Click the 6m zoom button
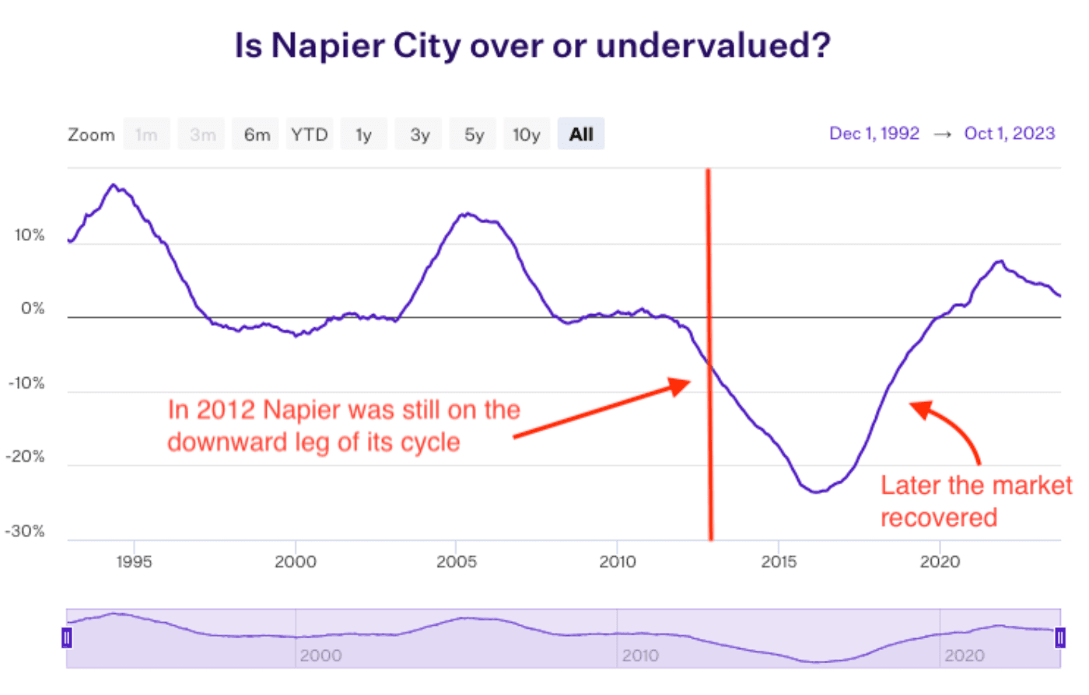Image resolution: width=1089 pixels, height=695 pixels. pyautogui.click(x=257, y=134)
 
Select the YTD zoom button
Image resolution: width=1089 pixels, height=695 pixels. pyautogui.click(x=310, y=134)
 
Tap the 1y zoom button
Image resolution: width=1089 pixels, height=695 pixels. pyautogui.click(x=363, y=134)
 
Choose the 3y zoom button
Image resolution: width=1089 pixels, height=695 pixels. pyautogui.click(x=419, y=134)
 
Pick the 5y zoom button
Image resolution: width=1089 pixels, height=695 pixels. pyautogui.click(x=474, y=134)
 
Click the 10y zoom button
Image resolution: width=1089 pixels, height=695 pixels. pyautogui.click(x=527, y=134)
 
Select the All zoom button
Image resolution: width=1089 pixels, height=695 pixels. pyautogui.click(x=581, y=134)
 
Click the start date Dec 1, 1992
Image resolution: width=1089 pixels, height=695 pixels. pyautogui.click(x=874, y=134)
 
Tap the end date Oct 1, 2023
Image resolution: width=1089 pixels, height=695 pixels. pyautogui.click(x=1010, y=134)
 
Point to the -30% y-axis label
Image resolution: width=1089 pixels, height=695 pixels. pyautogui.click(x=25, y=532)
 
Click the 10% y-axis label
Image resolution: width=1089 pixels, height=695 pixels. pyautogui.click(x=30, y=236)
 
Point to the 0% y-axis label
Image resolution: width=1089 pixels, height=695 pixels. pyautogui.click(x=33, y=309)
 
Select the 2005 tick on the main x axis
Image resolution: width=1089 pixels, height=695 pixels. pyautogui.click(x=457, y=561)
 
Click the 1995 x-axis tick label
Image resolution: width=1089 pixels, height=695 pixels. pyautogui.click(x=134, y=561)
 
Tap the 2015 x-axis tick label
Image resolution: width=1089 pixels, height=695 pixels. pyautogui.click(x=779, y=561)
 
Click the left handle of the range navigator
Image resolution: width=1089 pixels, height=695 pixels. pyautogui.click(x=67, y=638)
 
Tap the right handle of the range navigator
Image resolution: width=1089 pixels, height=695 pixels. pyautogui.click(x=1060, y=638)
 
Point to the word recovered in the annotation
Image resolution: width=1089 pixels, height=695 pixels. pyautogui.click(x=939, y=518)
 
